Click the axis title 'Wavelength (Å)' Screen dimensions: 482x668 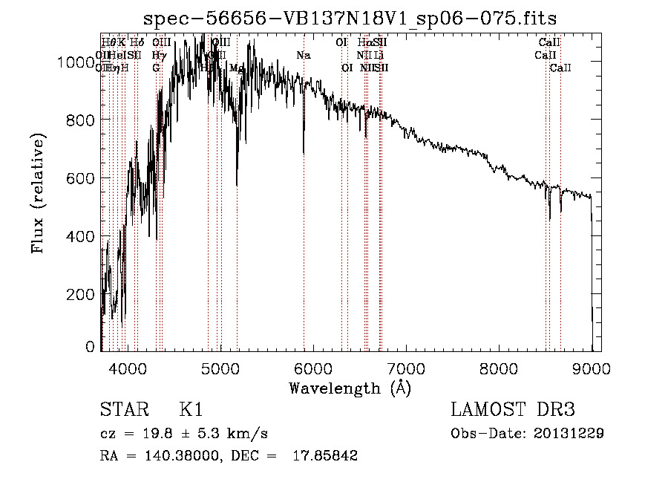pyautogui.click(x=350, y=388)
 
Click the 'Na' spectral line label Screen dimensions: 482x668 pyautogui.click(x=303, y=56)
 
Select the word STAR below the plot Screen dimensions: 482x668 pyautogui.click(x=120, y=409)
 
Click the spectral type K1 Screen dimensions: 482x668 pyautogui.click(x=191, y=409)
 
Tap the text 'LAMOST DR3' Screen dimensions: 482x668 pyautogui.click(x=512, y=409)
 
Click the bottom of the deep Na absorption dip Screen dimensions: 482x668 pyautogui.click(x=304, y=152)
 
